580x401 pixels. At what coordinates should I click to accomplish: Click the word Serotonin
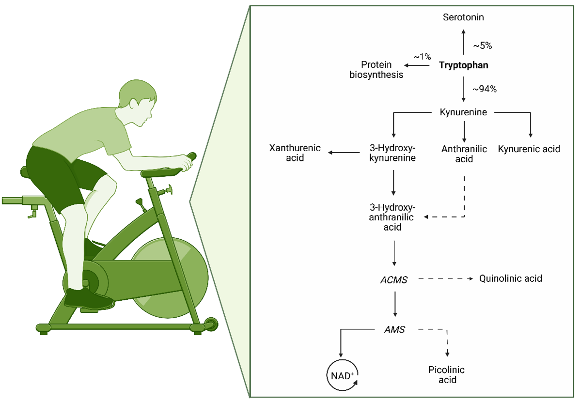(464, 17)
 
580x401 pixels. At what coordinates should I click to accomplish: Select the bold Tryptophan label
(464, 65)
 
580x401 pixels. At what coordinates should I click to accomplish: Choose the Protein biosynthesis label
(376, 70)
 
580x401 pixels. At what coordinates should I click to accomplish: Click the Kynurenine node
(463, 112)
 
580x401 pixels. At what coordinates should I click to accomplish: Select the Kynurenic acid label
(529, 149)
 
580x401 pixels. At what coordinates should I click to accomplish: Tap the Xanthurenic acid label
(295, 153)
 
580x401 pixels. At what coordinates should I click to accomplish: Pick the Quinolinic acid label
(510, 278)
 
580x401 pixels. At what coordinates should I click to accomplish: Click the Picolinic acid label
(446, 375)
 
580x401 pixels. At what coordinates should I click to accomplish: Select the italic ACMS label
(393, 279)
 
